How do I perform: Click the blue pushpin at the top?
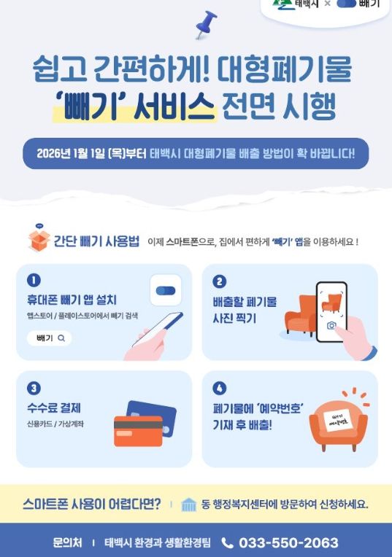coord(206,23)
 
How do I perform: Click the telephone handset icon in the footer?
coord(227,542)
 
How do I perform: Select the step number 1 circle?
coord(33,280)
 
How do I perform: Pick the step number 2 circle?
coord(219,281)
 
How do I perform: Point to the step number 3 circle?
coord(33,388)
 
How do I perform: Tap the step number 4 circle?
coord(219,388)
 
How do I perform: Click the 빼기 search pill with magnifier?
coord(50,338)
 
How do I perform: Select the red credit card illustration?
coord(138,430)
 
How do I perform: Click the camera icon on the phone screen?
coord(332,325)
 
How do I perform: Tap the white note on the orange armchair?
coord(337,421)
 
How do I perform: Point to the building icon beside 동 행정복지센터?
coord(189,505)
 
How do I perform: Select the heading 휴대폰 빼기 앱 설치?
coord(71,300)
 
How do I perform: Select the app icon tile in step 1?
coord(166,291)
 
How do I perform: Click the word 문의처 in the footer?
coord(67,543)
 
